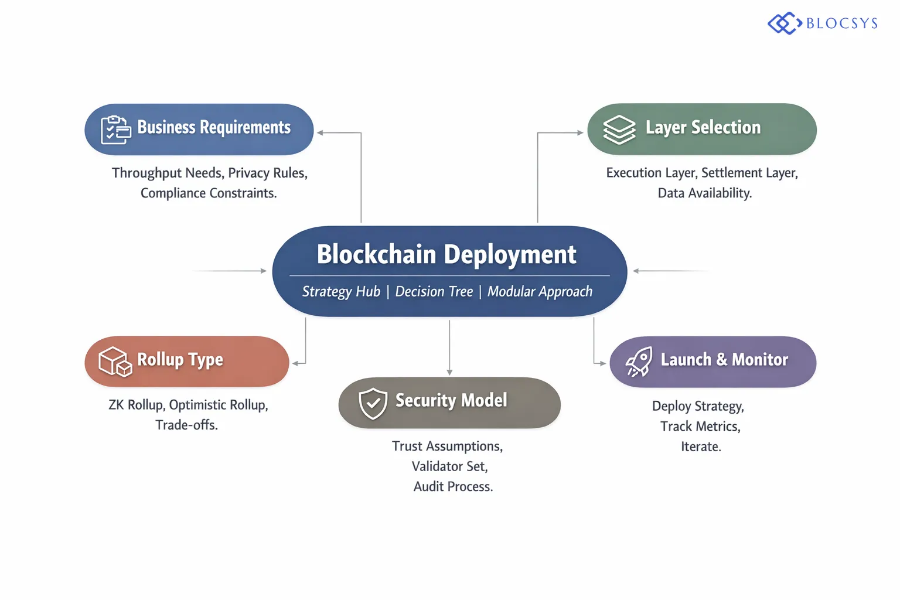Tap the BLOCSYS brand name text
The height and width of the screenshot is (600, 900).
pos(841,23)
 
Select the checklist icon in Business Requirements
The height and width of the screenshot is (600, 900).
pos(115,129)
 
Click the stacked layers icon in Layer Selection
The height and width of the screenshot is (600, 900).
pos(619,129)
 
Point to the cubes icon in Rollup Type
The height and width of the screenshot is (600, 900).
pos(115,362)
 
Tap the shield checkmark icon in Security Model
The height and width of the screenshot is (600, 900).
pos(373,403)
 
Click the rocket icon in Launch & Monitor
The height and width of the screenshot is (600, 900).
pos(639,362)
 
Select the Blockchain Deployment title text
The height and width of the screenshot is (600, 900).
pos(446,254)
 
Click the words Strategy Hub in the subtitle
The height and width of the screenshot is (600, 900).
pos(341,291)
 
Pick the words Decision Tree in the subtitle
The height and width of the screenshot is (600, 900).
pos(434,291)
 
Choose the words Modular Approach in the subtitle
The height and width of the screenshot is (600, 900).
pos(540,291)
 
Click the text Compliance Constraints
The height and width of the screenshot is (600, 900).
pos(209,193)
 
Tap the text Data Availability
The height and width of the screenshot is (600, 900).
pos(704,193)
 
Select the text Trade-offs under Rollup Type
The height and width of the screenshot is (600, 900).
pos(186,425)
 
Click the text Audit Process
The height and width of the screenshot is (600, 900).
pos(453,486)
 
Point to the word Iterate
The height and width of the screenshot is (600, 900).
pos(701,446)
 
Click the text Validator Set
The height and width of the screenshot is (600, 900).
pos(449,466)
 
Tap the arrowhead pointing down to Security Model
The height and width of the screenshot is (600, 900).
pos(449,372)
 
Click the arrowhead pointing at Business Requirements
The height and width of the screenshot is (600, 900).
pos(321,133)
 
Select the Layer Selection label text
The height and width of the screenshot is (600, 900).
pos(703,127)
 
